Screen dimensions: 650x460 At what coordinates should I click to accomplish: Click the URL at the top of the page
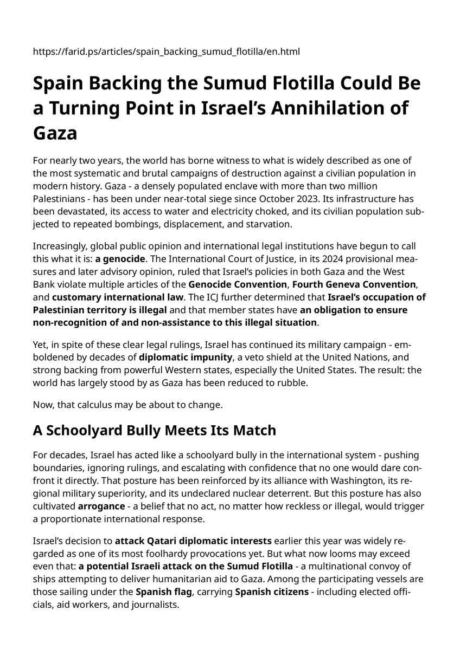167,51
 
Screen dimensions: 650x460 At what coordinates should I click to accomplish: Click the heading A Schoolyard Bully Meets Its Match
155,431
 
